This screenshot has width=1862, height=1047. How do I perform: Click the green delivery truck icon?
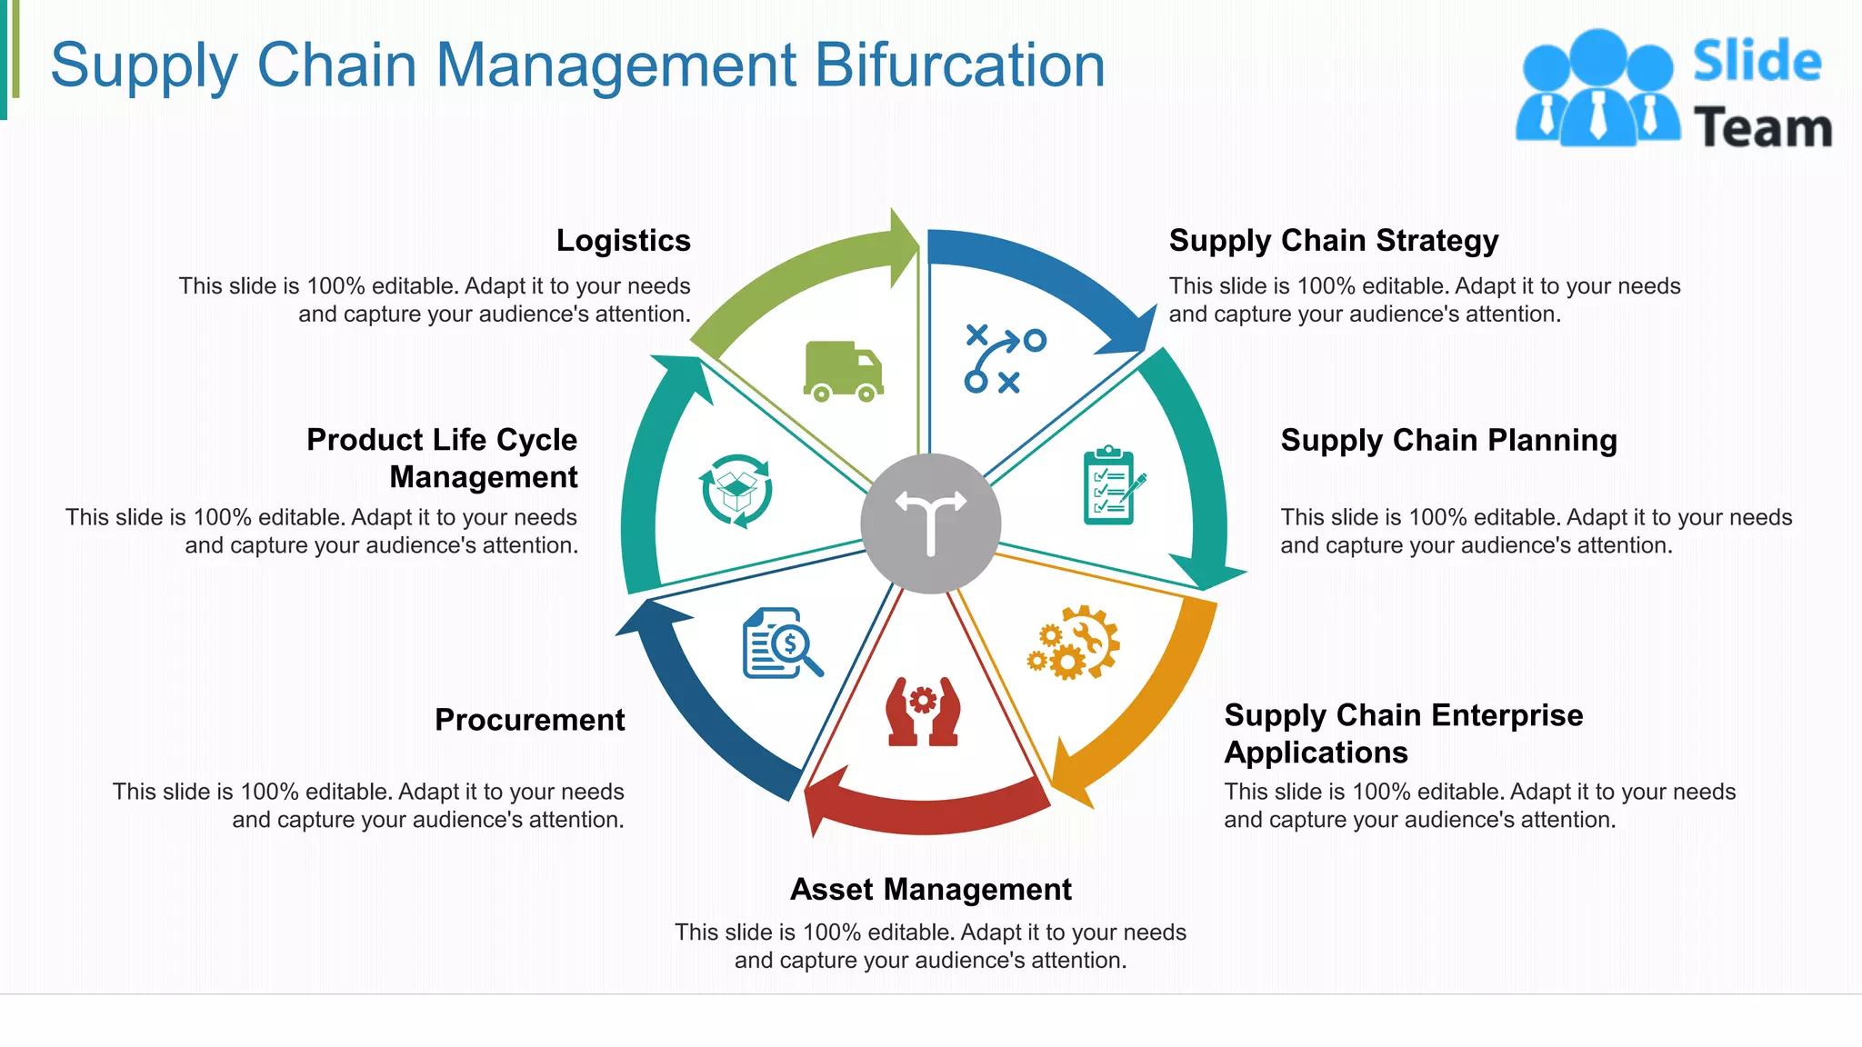[x=843, y=372]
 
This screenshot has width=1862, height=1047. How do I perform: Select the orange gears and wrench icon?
[x=1074, y=643]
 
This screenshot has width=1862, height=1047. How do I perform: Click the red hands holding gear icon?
[x=923, y=712]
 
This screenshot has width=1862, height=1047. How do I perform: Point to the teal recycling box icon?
[x=736, y=491]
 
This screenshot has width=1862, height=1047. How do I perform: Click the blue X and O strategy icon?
[x=1004, y=359]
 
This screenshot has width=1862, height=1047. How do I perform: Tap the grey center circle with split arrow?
[x=930, y=523]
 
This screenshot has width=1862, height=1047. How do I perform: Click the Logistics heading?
[x=623, y=241]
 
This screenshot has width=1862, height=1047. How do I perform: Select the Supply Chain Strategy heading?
[x=1333, y=241]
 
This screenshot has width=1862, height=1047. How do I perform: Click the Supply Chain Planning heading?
[x=1448, y=441]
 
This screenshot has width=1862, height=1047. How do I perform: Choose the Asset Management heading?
[x=930, y=889]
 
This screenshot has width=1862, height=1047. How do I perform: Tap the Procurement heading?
[x=529, y=720]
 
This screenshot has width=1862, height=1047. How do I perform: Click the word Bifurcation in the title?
[x=959, y=65]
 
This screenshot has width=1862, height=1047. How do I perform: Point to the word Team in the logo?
[x=1762, y=127]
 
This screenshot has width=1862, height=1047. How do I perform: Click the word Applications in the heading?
[x=1316, y=753]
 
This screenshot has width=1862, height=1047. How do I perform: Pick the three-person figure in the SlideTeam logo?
[x=1597, y=89]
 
